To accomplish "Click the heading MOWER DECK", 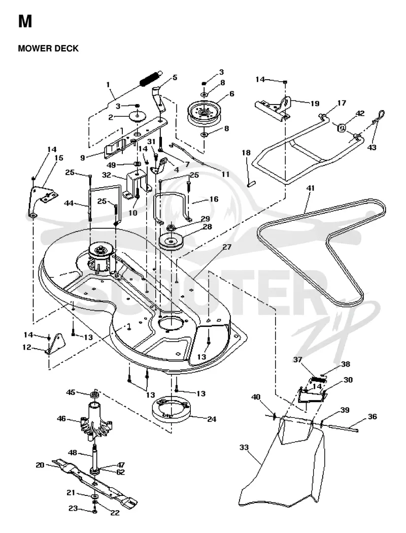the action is [48, 48].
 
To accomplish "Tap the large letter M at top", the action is [25, 21].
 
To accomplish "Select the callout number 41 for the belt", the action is [311, 188].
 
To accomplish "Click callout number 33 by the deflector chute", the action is [244, 447].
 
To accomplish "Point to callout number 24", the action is [212, 419].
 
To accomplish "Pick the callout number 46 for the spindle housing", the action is [61, 418].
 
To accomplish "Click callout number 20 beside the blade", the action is [40, 464].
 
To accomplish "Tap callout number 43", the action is [372, 148].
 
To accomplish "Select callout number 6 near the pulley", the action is [232, 93].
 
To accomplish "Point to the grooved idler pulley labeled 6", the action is [204, 112].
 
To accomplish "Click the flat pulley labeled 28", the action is [171, 242].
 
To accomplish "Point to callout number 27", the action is [227, 247].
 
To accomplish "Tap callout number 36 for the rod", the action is [373, 416].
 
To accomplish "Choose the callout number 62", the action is [121, 472].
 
